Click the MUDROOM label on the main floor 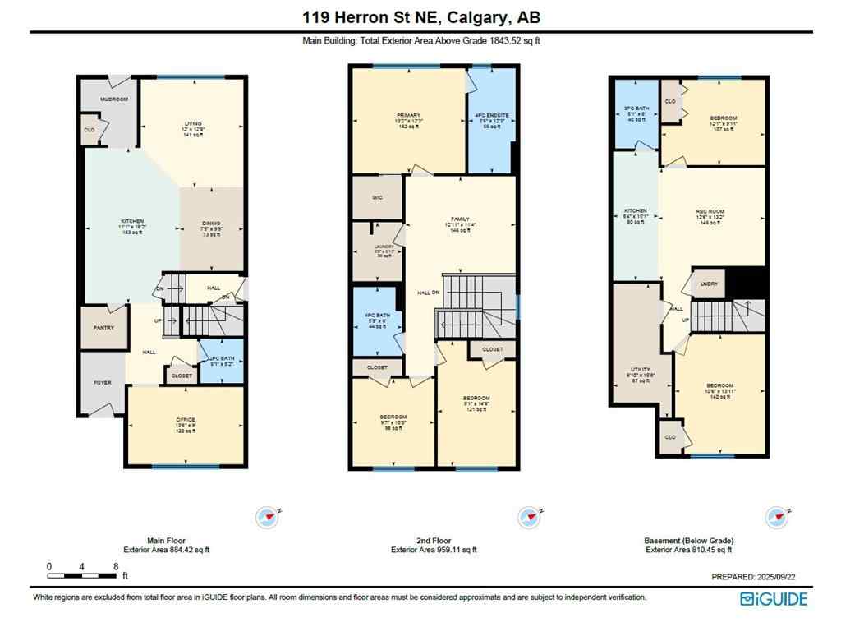click(x=114, y=99)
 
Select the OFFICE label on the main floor click(x=186, y=421)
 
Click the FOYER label click(x=101, y=382)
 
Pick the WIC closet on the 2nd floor click(x=378, y=197)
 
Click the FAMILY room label click(x=459, y=219)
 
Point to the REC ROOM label click(x=710, y=211)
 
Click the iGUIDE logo click(x=773, y=599)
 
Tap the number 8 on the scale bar click(x=116, y=566)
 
